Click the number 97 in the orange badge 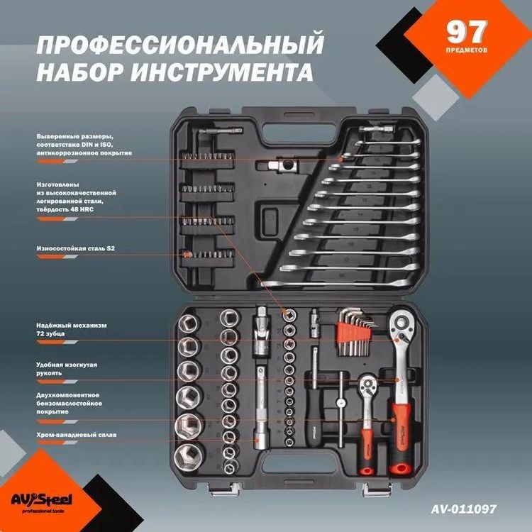pyautogui.click(x=466, y=32)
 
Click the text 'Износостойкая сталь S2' pyautogui.click(x=75, y=248)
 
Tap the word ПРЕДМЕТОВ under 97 pyautogui.click(x=466, y=51)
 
